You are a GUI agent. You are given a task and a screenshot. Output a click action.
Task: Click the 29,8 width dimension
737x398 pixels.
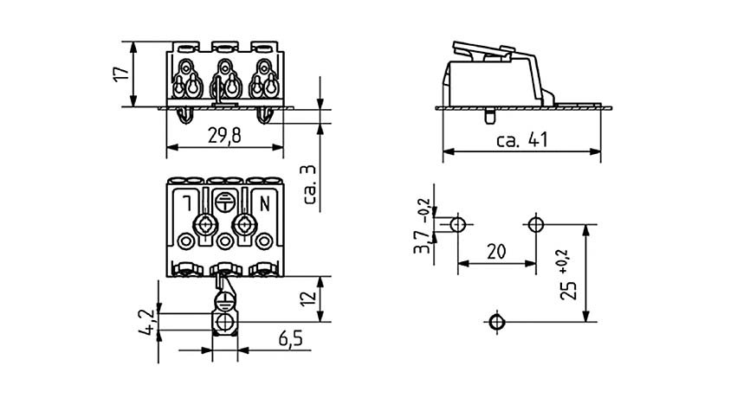(224, 136)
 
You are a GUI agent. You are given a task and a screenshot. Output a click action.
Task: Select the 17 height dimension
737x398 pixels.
(121, 74)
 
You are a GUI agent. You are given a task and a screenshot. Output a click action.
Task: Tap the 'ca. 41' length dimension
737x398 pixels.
(521, 140)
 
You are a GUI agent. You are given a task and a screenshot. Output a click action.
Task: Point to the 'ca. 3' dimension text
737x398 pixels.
(310, 185)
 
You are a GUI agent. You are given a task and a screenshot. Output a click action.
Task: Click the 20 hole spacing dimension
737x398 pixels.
(496, 252)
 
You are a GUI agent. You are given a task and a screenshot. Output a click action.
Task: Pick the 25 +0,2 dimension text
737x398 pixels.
(568, 275)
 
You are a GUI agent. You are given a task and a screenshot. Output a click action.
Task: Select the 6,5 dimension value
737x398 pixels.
(291, 338)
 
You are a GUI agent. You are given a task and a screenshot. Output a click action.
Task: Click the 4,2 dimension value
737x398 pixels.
(147, 322)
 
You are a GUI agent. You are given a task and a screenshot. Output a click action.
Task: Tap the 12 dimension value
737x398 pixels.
(308, 298)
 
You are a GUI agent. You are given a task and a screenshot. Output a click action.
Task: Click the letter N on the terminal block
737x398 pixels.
(265, 204)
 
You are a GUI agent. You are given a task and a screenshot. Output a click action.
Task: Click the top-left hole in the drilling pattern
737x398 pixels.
(458, 225)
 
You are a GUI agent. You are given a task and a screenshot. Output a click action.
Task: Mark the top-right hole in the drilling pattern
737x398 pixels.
(535, 225)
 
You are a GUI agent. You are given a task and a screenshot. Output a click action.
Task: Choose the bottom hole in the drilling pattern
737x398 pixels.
(496, 322)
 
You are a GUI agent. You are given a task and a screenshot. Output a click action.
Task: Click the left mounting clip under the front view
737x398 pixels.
(185, 115)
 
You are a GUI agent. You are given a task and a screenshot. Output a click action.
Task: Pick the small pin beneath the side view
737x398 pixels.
(489, 115)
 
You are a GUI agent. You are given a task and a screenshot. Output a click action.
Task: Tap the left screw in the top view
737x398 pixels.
(205, 224)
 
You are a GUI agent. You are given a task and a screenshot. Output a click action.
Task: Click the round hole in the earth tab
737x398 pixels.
(224, 323)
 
